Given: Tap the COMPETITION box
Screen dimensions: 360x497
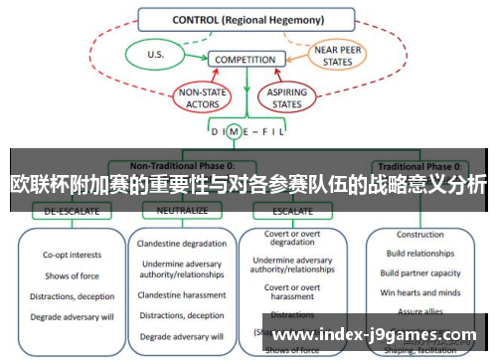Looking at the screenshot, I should click(245, 60).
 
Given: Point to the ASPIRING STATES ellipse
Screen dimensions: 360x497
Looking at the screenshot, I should click(283, 96).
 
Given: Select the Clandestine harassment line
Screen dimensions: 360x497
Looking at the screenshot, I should click(183, 295).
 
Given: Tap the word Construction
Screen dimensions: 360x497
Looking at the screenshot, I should click(419, 235).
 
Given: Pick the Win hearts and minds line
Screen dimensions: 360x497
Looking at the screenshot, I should click(419, 291).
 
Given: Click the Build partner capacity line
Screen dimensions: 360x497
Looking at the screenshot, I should click(419, 272).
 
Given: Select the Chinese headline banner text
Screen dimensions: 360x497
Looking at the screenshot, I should click(248, 185).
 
